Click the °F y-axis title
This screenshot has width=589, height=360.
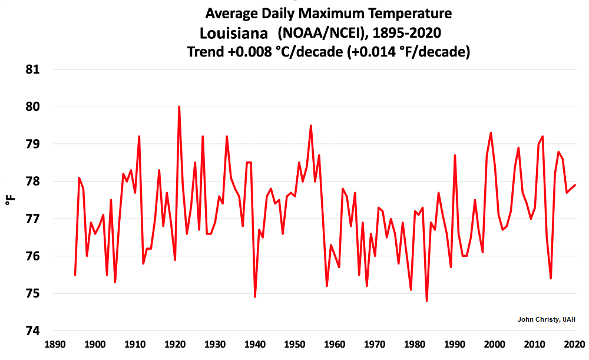(x=10, y=200)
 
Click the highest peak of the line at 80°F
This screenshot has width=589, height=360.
(x=179, y=107)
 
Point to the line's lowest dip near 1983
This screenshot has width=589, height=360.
(x=426, y=300)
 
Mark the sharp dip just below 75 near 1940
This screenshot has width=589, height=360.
(x=255, y=297)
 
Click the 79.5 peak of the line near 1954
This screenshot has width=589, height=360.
(x=310, y=125)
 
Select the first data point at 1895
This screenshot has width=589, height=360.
(x=75, y=275)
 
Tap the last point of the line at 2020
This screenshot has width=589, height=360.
(x=575, y=185)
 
